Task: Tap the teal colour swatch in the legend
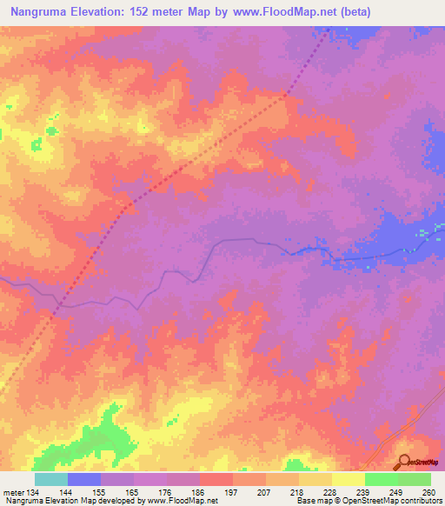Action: coord(51,479)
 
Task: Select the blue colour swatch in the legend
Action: coord(84,479)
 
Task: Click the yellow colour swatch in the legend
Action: coord(349,479)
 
